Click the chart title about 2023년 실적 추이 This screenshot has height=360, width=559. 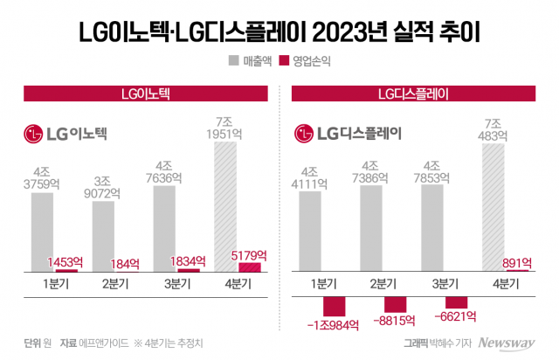(x=279, y=31)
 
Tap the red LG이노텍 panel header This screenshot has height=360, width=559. (x=144, y=93)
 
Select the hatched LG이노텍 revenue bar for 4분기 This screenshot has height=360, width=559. (x=225, y=206)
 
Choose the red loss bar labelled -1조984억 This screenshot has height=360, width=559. (x=336, y=306)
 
